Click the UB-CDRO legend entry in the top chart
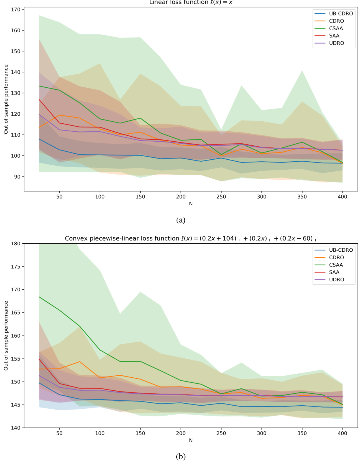coord(341,13)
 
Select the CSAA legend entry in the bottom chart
coord(336,265)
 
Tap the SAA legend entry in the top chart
coord(334,36)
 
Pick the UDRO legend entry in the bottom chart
coord(336,280)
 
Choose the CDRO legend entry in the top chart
coord(336,21)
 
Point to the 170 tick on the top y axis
coord(16,9)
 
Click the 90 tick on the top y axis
coord(17,177)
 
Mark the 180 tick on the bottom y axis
coord(16,244)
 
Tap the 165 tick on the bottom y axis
coord(16,312)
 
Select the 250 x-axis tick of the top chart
coord(221,197)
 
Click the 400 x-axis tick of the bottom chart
coord(342,433)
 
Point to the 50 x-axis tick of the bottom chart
coord(59,433)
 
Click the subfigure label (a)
coord(181,220)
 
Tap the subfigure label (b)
coord(181,456)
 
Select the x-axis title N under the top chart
coord(191,204)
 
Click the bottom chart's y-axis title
coord(6,336)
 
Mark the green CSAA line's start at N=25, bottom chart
coord(39,297)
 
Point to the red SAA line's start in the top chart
coord(39,100)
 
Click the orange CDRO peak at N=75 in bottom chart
coord(79,362)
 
